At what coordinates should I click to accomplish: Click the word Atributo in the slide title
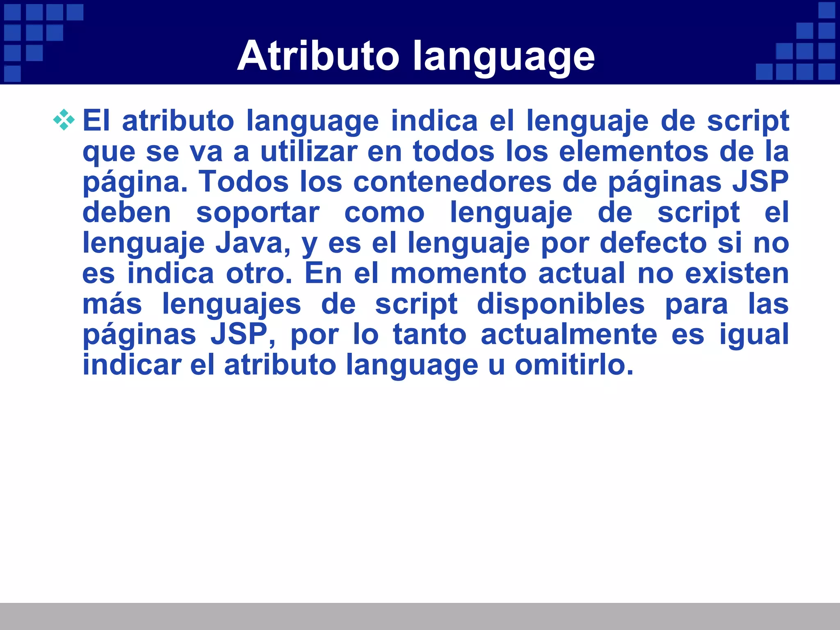pyautogui.click(x=318, y=56)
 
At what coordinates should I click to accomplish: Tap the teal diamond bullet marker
pyautogui.click(x=64, y=120)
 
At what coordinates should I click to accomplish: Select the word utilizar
pyautogui.click(x=309, y=151)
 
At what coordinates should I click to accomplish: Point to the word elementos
pyautogui.click(x=633, y=151)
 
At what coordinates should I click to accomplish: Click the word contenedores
pyautogui.click(x=452, y=182)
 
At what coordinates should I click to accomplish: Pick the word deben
pyautogui.click(x=126, y=212)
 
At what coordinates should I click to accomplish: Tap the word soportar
pyautogui.click(x=258, y=212)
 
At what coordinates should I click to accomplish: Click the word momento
pyautogui.click(x=458, y=273)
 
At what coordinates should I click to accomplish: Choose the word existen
pyautogui.click(x=737, y=273)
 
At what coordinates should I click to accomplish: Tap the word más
pyautogui.click(x=112, y=304)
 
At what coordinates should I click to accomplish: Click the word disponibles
pyautogui.click(x=561, y=304)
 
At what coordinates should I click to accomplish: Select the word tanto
pyautogui.click(x=429, y=334)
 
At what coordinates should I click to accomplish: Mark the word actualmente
pyautogui.click(x=569, y=334)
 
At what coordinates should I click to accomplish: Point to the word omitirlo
pyautogui.click(x=574, y=365)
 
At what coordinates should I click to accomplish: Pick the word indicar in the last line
pyautogui.click(x=132, y=365)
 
